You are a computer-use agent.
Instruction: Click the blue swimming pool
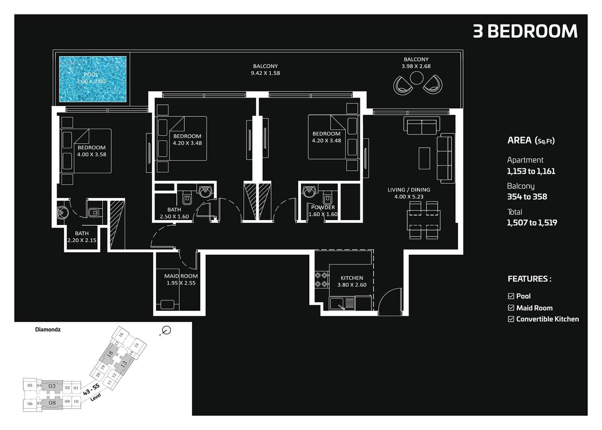(93, 79)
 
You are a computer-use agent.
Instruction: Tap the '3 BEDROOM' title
(525, 31)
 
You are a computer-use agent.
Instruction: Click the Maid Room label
(181, 276)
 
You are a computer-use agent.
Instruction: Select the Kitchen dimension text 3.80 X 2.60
(352, 285)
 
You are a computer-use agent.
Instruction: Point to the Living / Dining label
(408, 190)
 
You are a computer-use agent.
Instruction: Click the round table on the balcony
(416, 78)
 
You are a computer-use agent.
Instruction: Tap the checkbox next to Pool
(511, 296)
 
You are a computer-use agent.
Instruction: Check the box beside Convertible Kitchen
(511, 319)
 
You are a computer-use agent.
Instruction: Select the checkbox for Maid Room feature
(511, 308)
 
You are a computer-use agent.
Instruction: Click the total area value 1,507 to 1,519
(532, 223)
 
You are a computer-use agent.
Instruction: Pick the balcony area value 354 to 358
(527, 197)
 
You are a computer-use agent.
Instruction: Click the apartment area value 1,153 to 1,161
(531, 171)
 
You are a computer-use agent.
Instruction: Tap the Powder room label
(323, 207)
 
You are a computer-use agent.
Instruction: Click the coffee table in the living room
(424, 158)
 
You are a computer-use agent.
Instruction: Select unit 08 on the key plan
(52, 403)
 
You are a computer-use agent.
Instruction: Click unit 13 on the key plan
(124, 364)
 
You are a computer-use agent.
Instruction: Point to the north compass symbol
(166, 330)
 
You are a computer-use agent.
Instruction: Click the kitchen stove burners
(322, 279)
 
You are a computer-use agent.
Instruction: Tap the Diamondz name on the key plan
(48, 330)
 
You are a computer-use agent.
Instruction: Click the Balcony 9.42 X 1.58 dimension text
(265, 73)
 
